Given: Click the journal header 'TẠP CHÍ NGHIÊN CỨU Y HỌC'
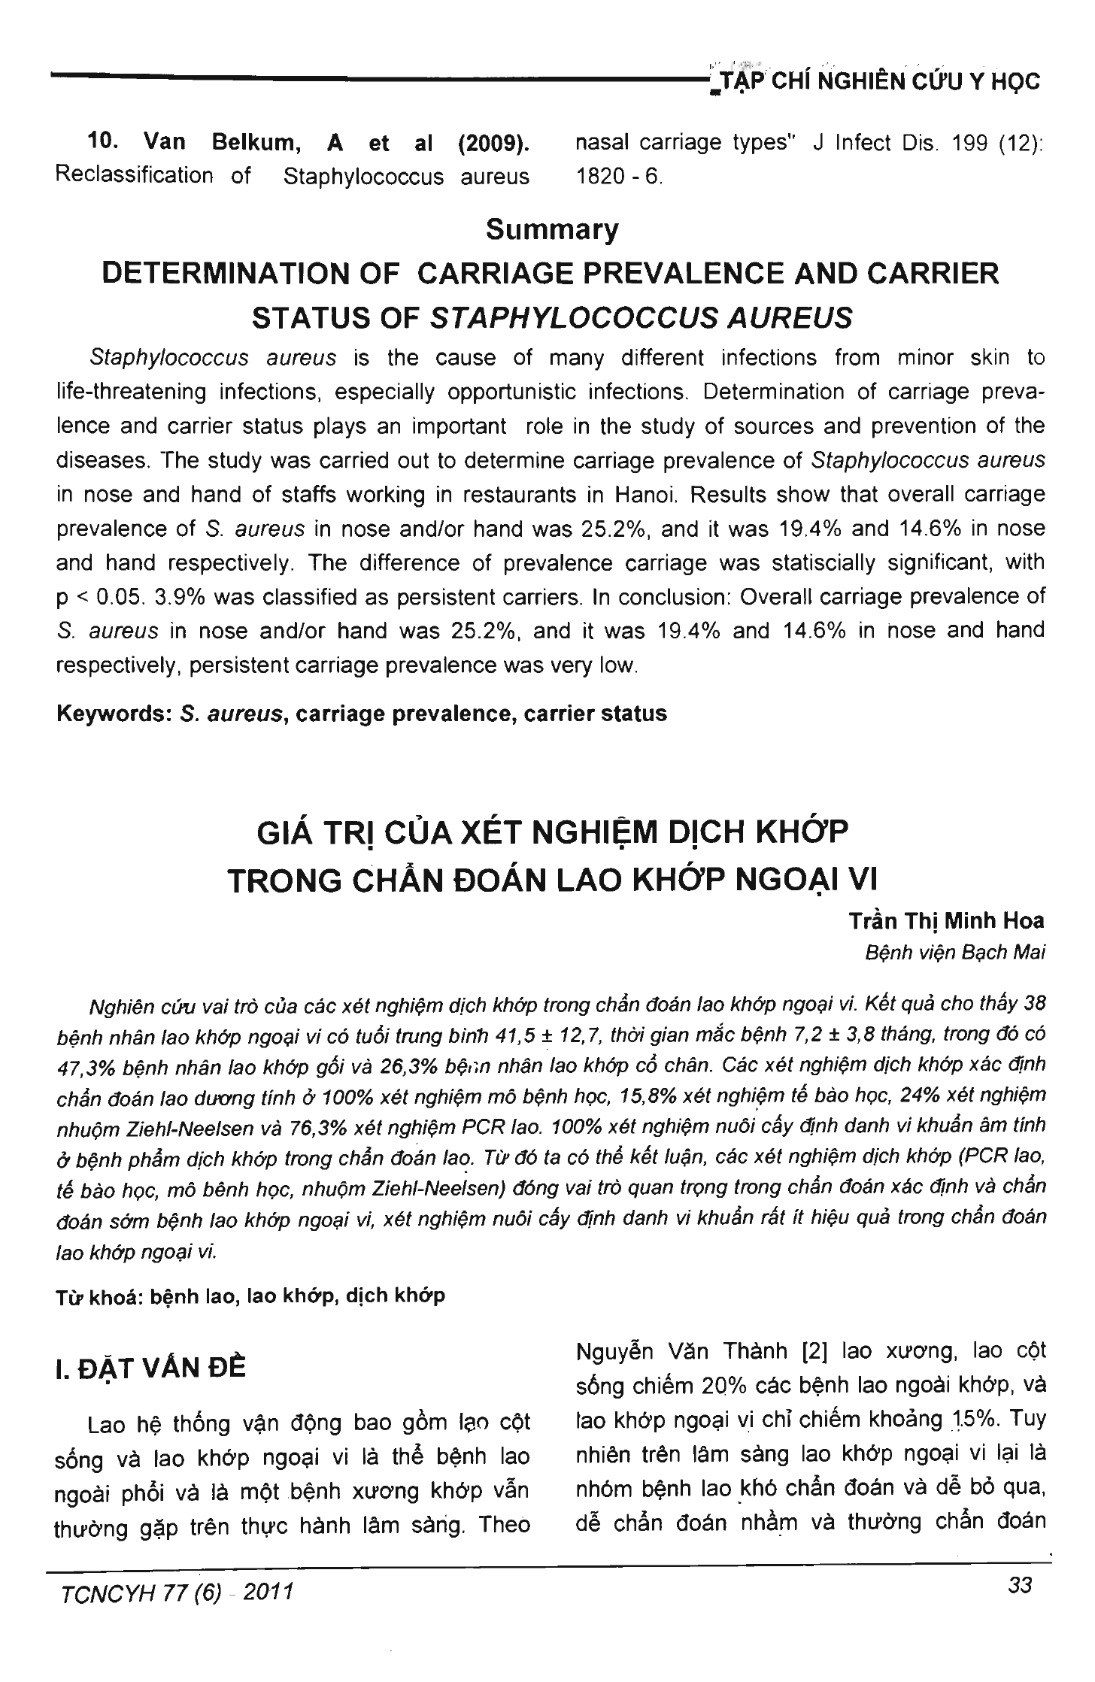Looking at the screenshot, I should point(875,80).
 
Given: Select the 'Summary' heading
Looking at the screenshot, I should point(552,229).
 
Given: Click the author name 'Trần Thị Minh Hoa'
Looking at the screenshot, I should point(946,921).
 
